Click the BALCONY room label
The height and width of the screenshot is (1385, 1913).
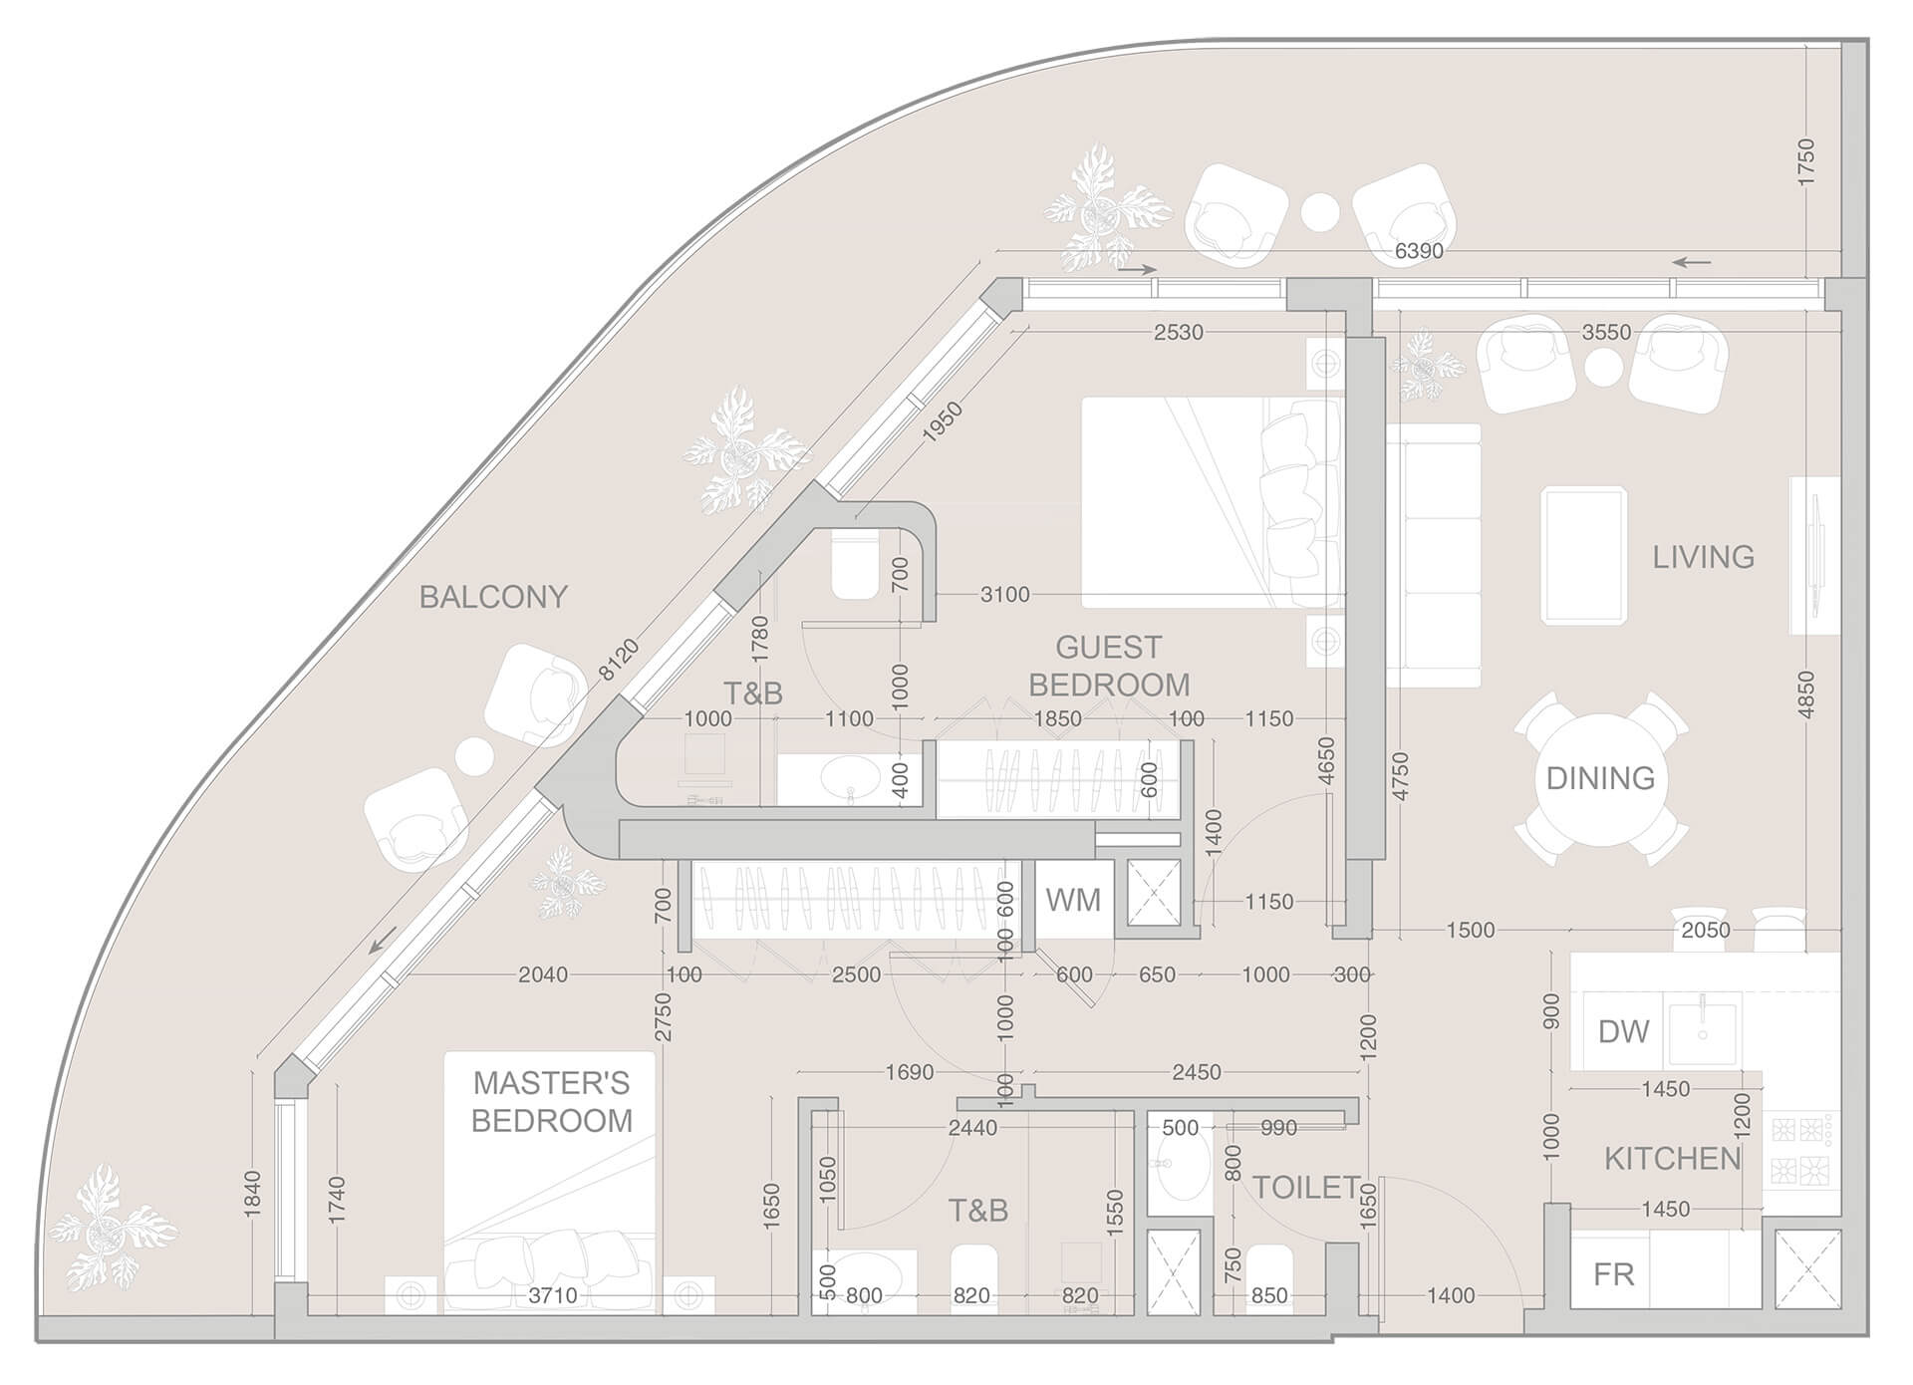click(x=493, y=597)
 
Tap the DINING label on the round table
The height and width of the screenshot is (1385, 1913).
click(x=1600, y=778)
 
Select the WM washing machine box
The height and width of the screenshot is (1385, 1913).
click(x=1073, y=900)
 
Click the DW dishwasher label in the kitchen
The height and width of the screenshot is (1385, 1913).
click(x=1623, y=1031)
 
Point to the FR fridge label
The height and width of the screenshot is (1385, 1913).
click(x=1613, y=1274)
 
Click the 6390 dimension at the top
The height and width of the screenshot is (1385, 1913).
click(x=1418, y=251)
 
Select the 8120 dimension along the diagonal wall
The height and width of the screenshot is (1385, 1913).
click(x=619, y=661)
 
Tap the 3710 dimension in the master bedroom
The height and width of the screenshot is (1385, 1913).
click(x=552, y=1296)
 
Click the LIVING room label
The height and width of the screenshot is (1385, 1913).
click(x=1703, y=557)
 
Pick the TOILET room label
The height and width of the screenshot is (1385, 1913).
click(x=1305, y=1188)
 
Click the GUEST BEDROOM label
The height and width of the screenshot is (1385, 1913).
click(x=1109, y=667)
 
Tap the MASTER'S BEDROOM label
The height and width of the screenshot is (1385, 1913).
click(x=551, y=1101)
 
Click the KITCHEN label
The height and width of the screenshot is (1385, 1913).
click(x=1672, y=1159)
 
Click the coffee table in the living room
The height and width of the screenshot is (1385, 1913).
click(x=1584, y=556)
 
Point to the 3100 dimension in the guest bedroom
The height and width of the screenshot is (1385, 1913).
click(x=1004, y=595)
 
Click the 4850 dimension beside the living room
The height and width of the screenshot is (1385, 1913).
click(x=1805, y=694)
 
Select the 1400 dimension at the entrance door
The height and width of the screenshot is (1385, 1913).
click(x=1450, y=1296)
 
